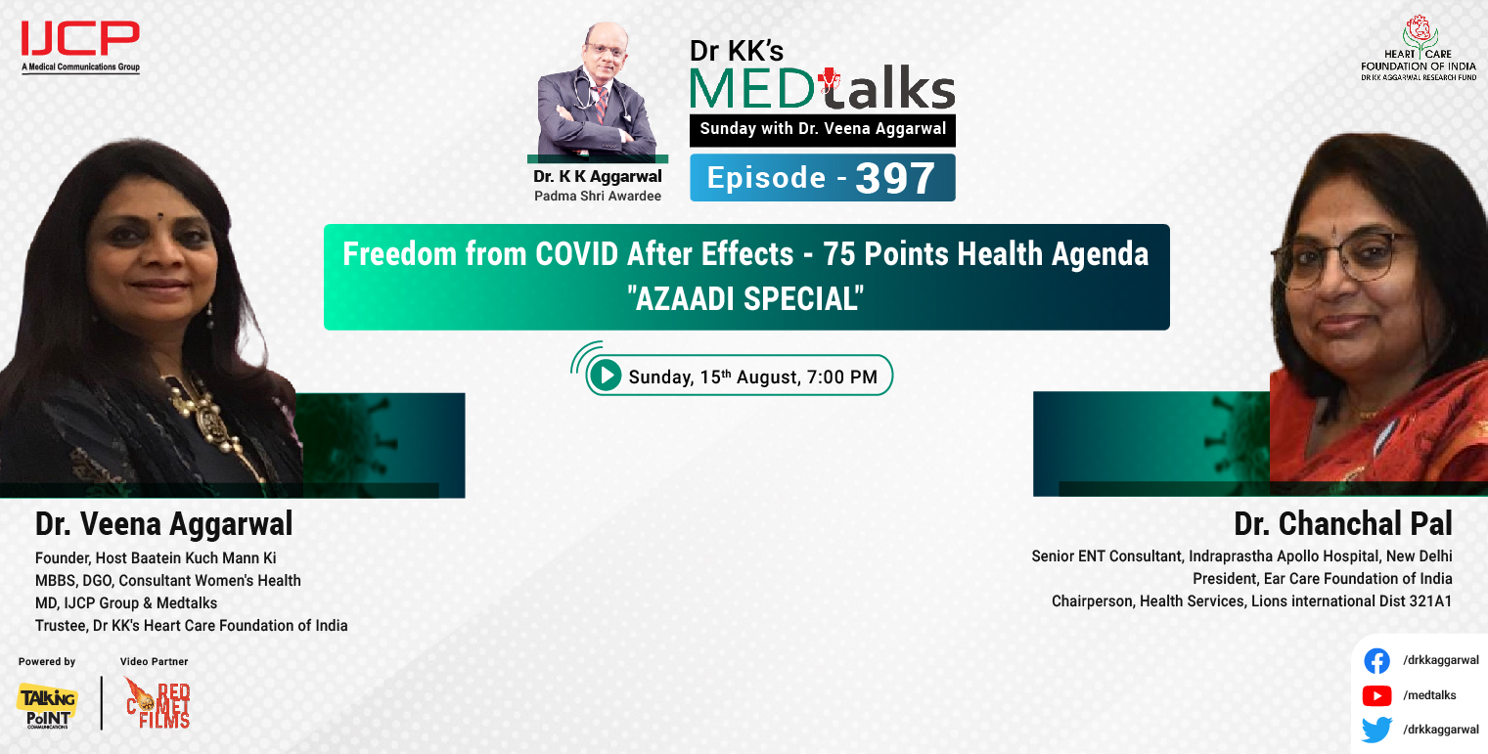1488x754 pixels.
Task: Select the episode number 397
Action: (895, 179)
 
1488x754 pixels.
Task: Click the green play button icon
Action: (607, 376)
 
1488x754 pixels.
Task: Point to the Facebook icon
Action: (1376, 661)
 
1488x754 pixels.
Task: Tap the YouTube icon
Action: (1376, 695)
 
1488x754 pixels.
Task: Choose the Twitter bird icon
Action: (1376, 730)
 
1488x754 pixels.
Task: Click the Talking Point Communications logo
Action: (46, 705)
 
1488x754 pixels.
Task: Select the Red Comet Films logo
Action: (158, 703)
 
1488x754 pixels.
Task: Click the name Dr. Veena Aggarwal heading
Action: (163, 524)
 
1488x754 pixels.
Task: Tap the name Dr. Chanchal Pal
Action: (1343, 524)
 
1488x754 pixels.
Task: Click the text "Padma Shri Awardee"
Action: (597, 196)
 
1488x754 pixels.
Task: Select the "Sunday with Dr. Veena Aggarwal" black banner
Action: (822, 129)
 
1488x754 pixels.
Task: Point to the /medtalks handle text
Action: (1429, 695)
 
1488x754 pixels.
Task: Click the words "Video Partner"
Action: (154, 662)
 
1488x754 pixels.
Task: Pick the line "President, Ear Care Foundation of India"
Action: (1322, 579)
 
